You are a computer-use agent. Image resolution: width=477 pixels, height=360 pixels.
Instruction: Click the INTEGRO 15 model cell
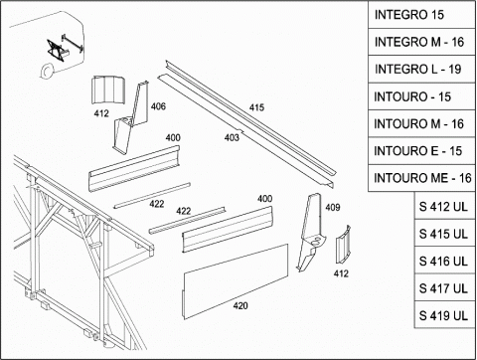click(x=421, y=15)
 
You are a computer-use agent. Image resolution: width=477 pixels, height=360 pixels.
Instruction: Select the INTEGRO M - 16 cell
click(x=421, y=42)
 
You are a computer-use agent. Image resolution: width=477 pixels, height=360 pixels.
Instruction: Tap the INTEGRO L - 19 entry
click(x=421, y=70)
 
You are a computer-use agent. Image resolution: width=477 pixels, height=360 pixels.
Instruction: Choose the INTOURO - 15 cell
click(x=421, y=96)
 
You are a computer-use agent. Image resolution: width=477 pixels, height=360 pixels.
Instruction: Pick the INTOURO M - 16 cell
click(x=421, y=124)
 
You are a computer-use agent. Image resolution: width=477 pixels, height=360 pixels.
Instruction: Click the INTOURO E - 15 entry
click(x=421, y=151)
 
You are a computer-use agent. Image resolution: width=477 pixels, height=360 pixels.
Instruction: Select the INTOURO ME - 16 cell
click(x=421, y=178)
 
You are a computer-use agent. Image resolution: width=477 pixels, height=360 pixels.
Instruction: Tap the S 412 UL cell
click(x=444, y=206)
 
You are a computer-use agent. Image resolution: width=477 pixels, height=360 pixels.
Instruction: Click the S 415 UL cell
click(x=444, y=233)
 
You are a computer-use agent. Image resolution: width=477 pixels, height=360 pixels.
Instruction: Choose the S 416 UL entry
click(x=444, y=261)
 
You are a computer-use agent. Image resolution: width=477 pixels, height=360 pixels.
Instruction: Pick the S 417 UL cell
click(x=444, y=287)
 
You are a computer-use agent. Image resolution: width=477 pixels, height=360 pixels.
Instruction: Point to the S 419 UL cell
click(x=444, y=315)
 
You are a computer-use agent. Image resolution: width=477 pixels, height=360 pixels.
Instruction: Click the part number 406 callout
click(x=158, y=106)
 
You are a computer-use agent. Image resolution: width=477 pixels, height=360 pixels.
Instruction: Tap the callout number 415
click(x=256, y=107)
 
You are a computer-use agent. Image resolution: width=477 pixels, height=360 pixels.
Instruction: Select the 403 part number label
click(x=232, y=137)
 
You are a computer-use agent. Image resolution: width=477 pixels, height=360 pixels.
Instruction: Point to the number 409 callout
click(x=333, y=208)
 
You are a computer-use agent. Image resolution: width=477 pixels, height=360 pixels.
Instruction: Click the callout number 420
click(x=240, y=305)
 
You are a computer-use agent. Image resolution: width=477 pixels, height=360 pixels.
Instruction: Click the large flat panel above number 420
click(x=236, y=281)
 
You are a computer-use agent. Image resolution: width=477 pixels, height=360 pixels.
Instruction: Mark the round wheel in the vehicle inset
click(x=46, y=71)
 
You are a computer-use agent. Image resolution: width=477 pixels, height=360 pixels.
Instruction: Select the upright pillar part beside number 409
click(x=310, y=232)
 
